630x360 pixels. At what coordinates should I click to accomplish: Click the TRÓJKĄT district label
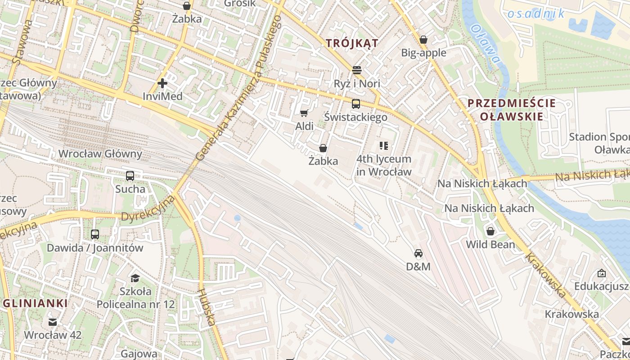(x=352, y=43)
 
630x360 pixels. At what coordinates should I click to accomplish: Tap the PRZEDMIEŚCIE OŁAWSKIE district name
(x=512, y=110)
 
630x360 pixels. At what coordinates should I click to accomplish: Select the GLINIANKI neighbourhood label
(x=35, y=303)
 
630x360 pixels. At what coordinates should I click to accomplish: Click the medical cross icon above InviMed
(x=162, y=83)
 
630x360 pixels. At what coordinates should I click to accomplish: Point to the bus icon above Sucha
(x=130, y=176)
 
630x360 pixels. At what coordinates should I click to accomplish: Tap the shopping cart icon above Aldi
(x=304, y=113)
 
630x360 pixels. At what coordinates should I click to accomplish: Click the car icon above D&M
(x=418, y=253)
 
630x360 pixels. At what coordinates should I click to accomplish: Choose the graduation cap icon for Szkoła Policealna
(x=135, y=278)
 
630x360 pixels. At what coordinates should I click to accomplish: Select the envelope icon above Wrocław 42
(x=53, y=322)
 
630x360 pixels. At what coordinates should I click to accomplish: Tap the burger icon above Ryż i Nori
(x=357, y=70)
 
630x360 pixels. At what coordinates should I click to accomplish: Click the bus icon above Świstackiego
(x=356, y=104)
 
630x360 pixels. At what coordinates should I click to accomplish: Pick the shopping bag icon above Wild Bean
(x=490, y=231)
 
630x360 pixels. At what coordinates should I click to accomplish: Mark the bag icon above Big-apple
(x=423, y=40)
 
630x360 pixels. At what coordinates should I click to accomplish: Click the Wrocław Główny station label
(x=100, y=154)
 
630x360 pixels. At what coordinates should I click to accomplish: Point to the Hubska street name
(x=207, y=307)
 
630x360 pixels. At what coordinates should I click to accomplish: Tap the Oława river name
(x=485, y=44)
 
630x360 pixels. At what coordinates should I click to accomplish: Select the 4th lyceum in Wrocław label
(x=384, y=165)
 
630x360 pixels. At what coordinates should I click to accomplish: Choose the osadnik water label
(x=535, y=14)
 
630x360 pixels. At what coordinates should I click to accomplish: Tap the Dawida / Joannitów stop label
(x=95, y=247)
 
